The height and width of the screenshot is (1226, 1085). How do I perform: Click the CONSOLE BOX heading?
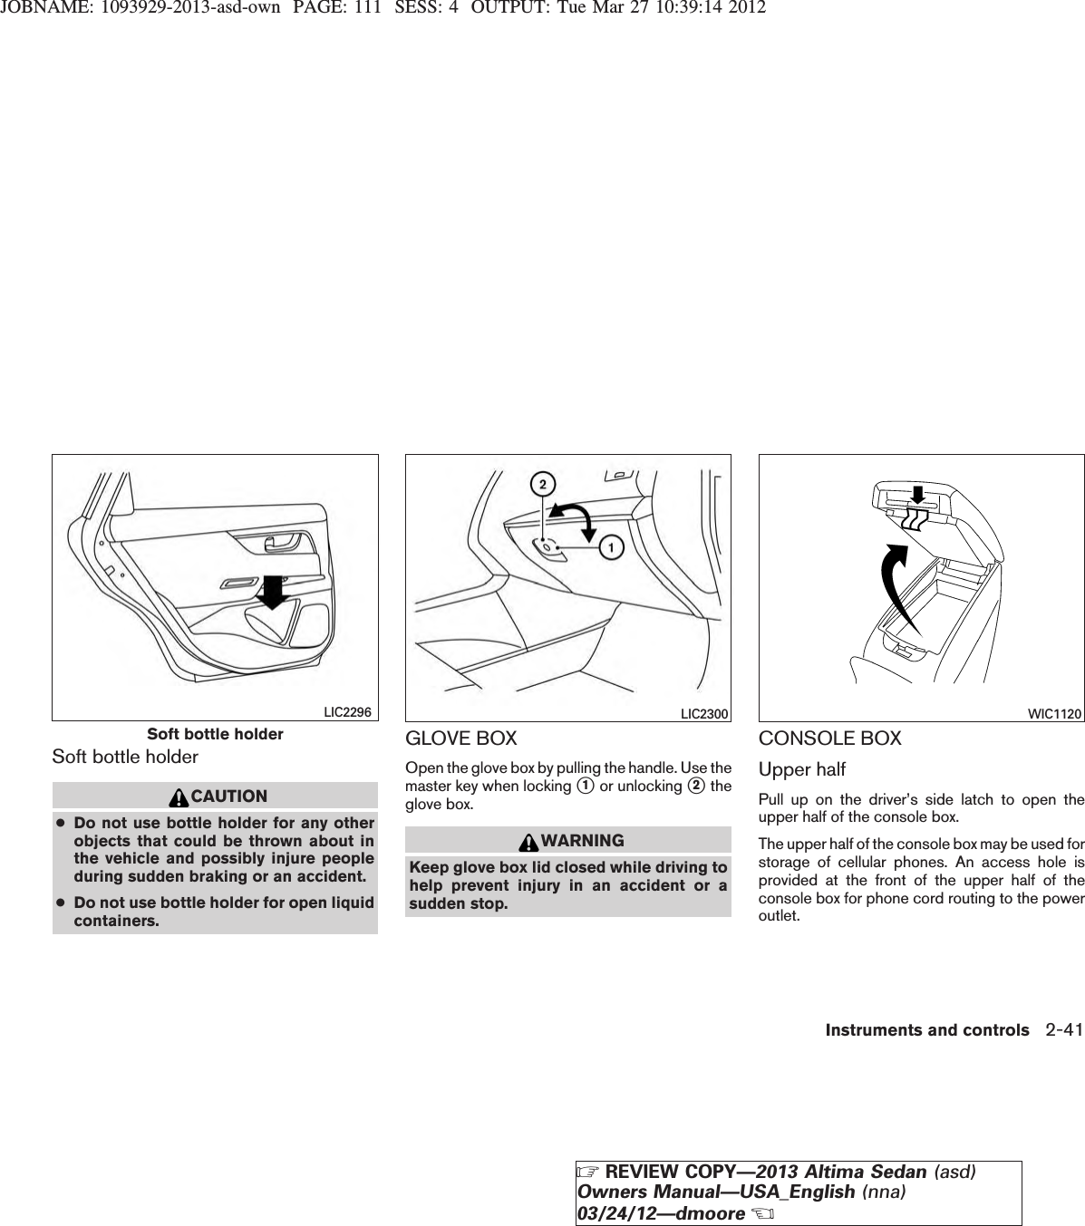click(829, 738)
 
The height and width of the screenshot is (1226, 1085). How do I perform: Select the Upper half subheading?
click(801, 769)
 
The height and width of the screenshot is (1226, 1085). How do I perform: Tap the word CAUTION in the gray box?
click(229, 796)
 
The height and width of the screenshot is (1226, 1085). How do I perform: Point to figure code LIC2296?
click(348, 712)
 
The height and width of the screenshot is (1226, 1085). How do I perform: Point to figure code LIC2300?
click(704, 714)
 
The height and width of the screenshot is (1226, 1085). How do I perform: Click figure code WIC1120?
click(1054, 714)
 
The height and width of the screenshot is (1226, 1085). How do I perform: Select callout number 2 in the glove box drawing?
click(543, 486)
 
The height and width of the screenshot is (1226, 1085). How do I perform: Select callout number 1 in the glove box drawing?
click(612, 547)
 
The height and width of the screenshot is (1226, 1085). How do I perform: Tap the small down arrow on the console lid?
click(916, 495)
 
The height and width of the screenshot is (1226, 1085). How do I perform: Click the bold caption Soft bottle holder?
click(215, 734)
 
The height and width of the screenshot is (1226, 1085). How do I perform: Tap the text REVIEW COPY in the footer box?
click(644, 1172)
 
